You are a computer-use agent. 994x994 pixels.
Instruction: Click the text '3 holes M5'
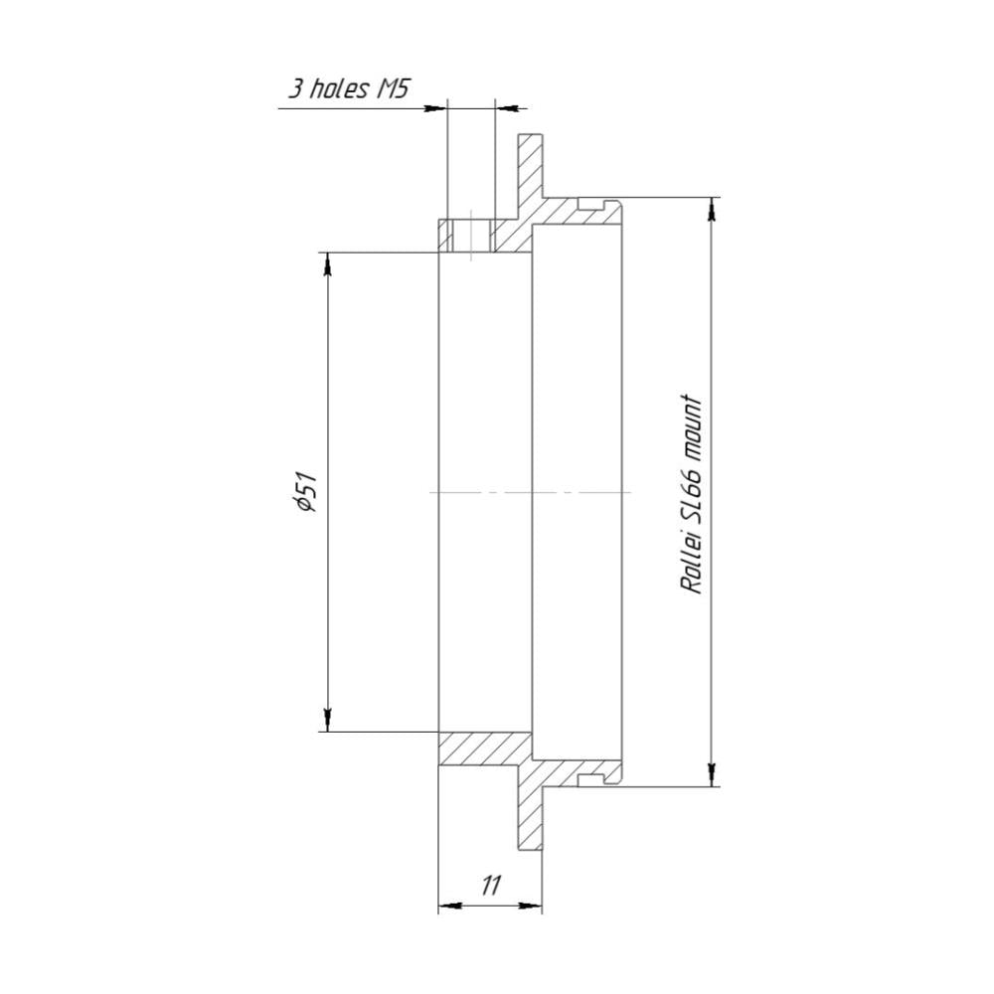click(347, 88)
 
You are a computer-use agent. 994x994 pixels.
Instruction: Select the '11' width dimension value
click(491, 885)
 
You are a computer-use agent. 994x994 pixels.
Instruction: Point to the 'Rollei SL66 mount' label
click(692, 495)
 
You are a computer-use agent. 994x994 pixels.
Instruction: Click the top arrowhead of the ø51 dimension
click(327, 263)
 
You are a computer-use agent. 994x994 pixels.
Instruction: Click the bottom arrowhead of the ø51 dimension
click(327, 720)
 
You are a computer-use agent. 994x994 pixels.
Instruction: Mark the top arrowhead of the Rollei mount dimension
click(713, 209)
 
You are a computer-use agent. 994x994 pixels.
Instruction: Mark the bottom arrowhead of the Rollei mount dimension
click(713, 774)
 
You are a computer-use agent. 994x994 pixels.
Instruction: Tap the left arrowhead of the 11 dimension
click(449, 906)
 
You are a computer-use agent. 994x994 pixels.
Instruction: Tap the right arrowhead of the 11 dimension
click(531, 906)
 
